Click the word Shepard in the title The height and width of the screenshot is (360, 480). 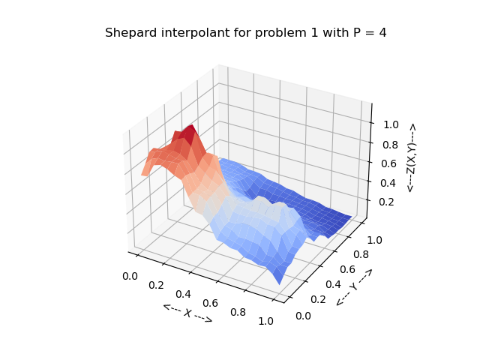coord(129,33)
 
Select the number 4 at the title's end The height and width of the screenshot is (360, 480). coord(382,33)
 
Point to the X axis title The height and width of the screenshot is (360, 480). coord(187,313)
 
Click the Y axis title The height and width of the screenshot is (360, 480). coord(354,287)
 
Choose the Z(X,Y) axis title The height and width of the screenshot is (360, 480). coord(411,157)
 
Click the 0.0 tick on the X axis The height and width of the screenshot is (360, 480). coord(130,276)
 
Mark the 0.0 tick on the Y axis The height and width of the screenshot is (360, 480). coord(302,316)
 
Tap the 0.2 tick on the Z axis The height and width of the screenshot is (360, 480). coord(388,201)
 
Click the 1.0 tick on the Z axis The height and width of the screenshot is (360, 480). coord(388,126)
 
